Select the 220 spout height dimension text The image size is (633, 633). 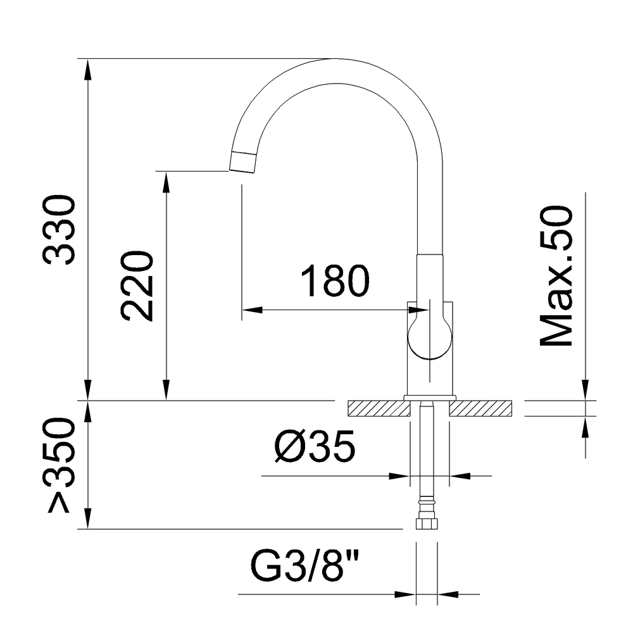137,286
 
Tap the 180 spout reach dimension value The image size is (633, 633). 334,282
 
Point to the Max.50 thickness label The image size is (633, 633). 556,277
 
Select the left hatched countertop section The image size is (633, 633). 377,408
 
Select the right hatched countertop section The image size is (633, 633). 480,408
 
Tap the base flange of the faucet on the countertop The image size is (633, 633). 430,398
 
